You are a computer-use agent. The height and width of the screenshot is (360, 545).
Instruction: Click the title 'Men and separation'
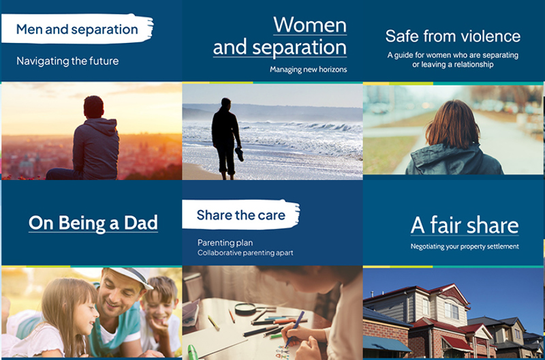pyautogui.click(x=77, y=29)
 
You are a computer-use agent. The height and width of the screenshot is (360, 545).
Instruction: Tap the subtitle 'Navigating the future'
pyautogui.click(x=67, y=61)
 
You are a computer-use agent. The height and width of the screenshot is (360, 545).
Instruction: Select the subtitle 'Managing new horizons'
pyautogui.click(x=308, y=70)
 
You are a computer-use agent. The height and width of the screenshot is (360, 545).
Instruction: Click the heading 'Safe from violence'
pyautogui.click(x=452, y=36)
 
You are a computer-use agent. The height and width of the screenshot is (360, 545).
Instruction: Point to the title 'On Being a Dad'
pyautogui.click(x=93, y=222)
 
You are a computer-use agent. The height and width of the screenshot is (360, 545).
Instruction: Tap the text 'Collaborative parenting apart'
pyautogui.click(x=245, y=253)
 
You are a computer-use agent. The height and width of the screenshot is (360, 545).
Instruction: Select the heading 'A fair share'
pyautogui.click(x=465, y=225)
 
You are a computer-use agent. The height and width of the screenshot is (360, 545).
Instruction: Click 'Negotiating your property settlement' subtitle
pyautogui.click(x=465, y=246)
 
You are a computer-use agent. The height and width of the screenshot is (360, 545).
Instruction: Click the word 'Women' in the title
pyautogui.click(x=310, y=25)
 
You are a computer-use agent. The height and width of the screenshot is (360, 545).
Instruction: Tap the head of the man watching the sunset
pyautogui.click(x=93, y=106)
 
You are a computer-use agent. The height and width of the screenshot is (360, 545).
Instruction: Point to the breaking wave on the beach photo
pyautogui.click(x=320, y=127)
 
